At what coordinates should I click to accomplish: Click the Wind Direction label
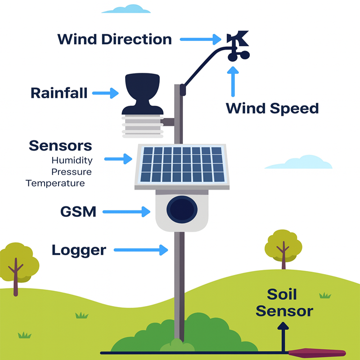click(x=114, y=39)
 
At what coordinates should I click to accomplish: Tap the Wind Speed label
click(x=272, y=108)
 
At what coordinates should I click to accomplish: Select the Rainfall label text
click(x=59, y=93)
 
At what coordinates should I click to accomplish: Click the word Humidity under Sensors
click(x=72, y=160)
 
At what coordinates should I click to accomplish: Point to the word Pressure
click(x=71, y=172)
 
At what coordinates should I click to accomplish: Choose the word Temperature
click(x=55, y=183)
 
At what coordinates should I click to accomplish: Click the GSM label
click(x=78, y=211)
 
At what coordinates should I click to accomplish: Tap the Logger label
click(x=79, y=250)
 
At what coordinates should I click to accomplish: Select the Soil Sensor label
click(x=284, y=303)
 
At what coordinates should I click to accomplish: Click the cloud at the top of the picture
click(x=126, y=9)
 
